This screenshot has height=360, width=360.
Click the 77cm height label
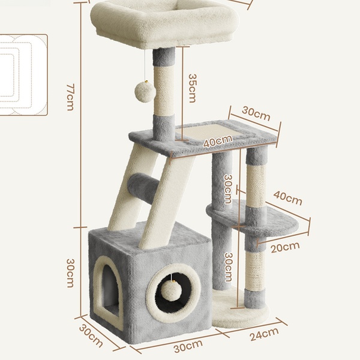[70, 97]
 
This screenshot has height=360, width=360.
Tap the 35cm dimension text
[192, 88]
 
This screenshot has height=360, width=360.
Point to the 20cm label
[285, 247]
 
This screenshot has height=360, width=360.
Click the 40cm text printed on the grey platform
[218, 141]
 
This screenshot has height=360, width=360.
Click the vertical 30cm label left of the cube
[70, 273]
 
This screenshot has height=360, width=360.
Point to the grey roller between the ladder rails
[143, 188]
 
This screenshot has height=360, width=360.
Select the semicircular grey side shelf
[253, 217]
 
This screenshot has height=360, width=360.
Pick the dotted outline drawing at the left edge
[23, 75]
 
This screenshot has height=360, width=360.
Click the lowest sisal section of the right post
[256, 271]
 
